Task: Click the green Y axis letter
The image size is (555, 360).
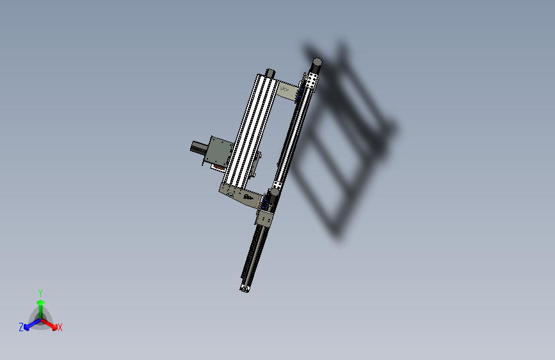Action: click(x=40, y=292)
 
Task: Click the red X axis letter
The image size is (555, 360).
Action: click(x=60, y=328)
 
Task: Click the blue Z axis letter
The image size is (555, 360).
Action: click(x=21, y=327)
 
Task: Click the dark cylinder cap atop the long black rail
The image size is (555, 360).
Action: click(x=316, y=63)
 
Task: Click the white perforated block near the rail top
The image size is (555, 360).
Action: click(x=312, y=81)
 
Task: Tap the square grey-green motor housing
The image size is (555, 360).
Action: click(x=220, y=152)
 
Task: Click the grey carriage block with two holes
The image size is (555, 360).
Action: click(x=264, y=218)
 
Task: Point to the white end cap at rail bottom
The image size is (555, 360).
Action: click(x=245, y=289)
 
